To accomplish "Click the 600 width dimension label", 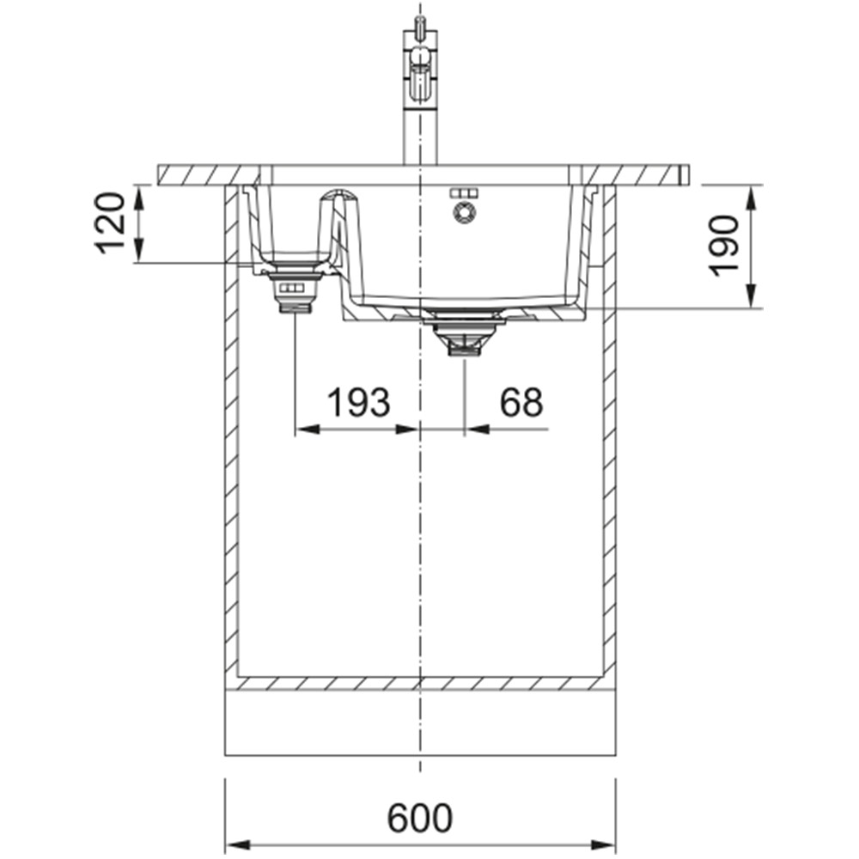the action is (420, 819).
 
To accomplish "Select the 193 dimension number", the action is (359, 402).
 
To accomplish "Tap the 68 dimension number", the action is (521, 402).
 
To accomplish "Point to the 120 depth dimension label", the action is (110, 223).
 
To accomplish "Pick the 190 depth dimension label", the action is (723, 246).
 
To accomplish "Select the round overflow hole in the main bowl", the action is (465, 212).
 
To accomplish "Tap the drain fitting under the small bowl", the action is (295, 291).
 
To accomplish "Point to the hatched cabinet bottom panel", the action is (420, 683).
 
